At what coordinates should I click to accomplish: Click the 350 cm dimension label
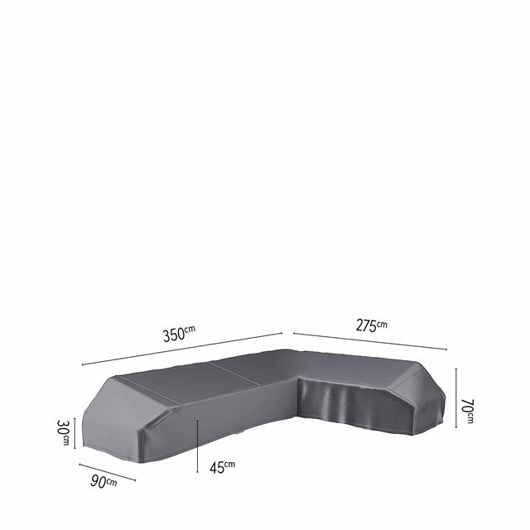178,335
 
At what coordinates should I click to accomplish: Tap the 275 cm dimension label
371,325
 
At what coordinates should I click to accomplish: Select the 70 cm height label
469,411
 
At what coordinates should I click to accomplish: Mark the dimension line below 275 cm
370,341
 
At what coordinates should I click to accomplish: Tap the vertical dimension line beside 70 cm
456,398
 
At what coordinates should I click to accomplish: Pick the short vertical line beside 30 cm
75,432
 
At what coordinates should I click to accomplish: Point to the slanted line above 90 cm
108,471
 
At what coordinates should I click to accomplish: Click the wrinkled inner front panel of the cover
348,406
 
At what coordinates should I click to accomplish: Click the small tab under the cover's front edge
240,433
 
